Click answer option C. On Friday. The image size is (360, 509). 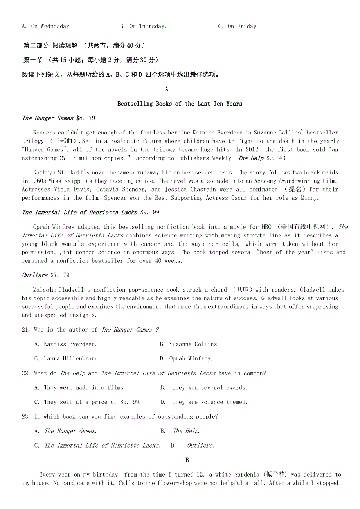tap(238, 26)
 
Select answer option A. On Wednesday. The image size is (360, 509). tap(46, 26)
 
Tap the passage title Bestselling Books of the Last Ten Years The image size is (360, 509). tap(180, 104)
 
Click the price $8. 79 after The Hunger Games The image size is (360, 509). tap(86, 118)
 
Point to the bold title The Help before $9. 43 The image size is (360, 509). tap(251, 158)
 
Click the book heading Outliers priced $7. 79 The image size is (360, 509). tap(35, 275)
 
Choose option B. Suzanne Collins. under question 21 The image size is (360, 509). tap(189, 344)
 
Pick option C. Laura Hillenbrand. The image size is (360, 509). tap(67, 358)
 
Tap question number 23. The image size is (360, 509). tap(26, 416)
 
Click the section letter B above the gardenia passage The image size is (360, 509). tap(187, 460)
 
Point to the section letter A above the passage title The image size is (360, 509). tap(167, 89)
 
